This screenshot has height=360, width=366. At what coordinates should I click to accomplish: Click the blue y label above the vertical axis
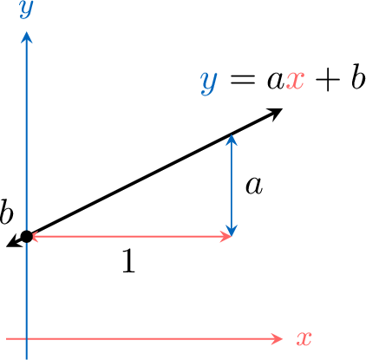tap(26, 10)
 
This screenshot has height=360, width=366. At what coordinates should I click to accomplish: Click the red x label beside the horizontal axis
tap(304, 338)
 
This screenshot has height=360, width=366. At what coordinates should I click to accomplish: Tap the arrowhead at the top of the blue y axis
tap(27, 37)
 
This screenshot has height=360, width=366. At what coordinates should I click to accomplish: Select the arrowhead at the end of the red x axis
tap(276, 338)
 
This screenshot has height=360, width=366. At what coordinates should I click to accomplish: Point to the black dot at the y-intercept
tap(27, 237)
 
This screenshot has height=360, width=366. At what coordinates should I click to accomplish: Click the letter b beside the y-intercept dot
tap(6, 212)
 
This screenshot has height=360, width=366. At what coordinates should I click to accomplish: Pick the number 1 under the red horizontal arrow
tap(128, 261)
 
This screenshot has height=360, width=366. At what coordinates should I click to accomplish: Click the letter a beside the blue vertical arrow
tap(254, 186)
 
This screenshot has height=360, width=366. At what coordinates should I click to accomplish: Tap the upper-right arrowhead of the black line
tap(274, 114)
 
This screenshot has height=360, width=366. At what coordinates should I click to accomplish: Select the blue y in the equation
tap(208, 82)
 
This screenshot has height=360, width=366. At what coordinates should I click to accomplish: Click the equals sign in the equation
tap(243, 80)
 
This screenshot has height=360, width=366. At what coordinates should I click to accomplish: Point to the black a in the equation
tap(276, 81)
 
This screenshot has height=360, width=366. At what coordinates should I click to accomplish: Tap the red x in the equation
tap(295, 81)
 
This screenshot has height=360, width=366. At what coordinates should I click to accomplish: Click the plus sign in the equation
tap(327, 80)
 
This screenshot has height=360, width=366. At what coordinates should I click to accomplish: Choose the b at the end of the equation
tap(358, 76)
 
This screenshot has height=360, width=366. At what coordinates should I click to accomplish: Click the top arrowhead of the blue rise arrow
tap(231, 140)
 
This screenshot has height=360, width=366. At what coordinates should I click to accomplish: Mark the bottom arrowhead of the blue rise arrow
tap(231, 230)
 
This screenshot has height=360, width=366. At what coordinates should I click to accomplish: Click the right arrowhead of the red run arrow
tap(225, 237)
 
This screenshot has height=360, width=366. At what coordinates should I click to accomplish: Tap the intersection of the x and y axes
tap(27, 338)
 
